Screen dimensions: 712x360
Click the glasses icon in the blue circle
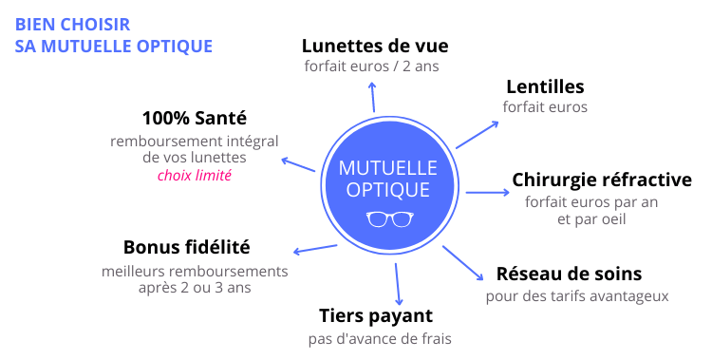click(x=388, y=219)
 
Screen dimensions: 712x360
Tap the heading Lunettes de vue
click(x=374, y=46)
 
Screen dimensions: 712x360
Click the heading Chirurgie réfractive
click(x=601, y=180)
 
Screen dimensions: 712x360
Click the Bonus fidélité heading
click(x=187, y=247)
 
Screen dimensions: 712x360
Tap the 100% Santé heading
click(x=194, y=119)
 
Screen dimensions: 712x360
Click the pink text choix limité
click(x=195, y=175)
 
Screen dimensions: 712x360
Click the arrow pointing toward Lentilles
click(x=478, y=134)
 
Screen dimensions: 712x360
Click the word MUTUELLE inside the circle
click(x=388, y=168)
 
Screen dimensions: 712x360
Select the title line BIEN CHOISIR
click(x=73, y=24)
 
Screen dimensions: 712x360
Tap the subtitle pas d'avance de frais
click(x=380, y=339)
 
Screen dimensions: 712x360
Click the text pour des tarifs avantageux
click(x=577, y=296)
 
